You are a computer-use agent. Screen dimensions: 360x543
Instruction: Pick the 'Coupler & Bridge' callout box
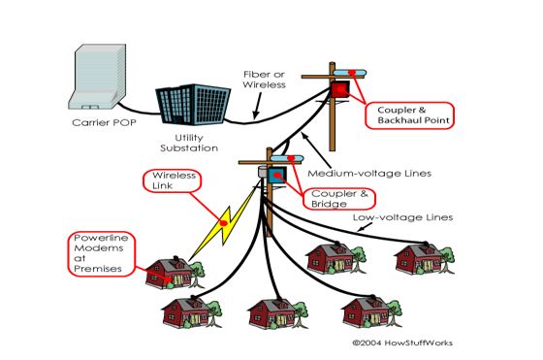[335, 199]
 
